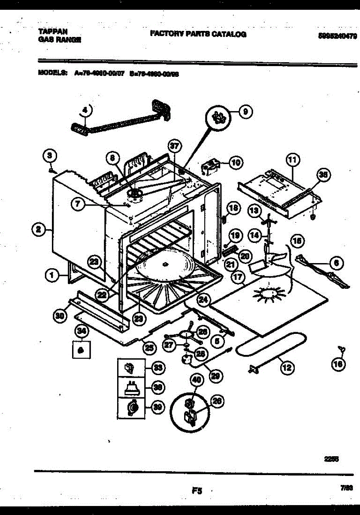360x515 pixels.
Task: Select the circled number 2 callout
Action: (x=39, y=230)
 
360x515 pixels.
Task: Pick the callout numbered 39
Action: (x=158, y=408)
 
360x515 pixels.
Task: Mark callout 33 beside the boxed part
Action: (x=158, y=368)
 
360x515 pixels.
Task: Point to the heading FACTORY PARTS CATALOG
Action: (x=198, y=34)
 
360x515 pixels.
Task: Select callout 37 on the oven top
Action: (x=173, y=146)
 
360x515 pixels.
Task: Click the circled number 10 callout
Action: (x=236, y=163)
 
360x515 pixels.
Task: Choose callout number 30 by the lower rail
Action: (x=59, y=316)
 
